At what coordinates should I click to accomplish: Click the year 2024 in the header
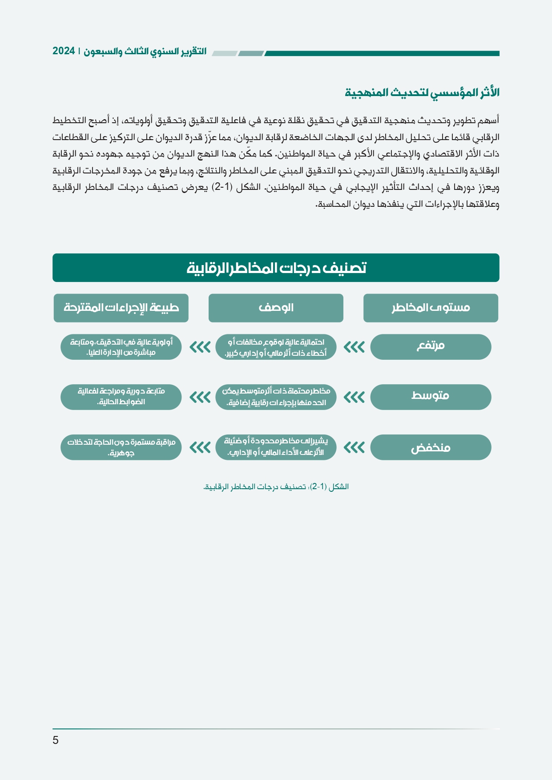pyautogui.click(x=64, y=51)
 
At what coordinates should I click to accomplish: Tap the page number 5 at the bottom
pyautogui.click(x=56, y=740)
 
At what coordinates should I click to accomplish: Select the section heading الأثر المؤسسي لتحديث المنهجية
pyautogui.click(x=422, y=92)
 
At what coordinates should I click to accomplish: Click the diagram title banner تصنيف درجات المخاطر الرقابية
pyautogui.click(x=276, y=268)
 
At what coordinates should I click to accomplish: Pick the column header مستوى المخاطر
pyautogui.click(x=430, y=308)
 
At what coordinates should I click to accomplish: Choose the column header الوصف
pyautogui.click(x=276, y=308)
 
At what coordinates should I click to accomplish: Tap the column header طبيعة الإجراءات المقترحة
pyautogui.click(x=121, y=308)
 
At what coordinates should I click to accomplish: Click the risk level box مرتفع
pyautogui.click(x=430, y=347)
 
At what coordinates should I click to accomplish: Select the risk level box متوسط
pyautogui.click(x=430, y=397)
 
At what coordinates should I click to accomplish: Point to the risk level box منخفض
pyautogui.click(x=430, y=447)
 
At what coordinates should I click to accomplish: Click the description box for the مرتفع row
pyautogui.click(x=276, y=347)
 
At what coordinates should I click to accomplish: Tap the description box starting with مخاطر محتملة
pyautogui.click(x=276, y=397)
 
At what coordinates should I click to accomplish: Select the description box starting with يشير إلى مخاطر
pyautogui.click(x=276, y=447)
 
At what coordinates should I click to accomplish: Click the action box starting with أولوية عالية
pyautogui.click(x=121, y=347)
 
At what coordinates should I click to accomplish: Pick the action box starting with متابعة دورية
pyautogui.click(x=121, y=397)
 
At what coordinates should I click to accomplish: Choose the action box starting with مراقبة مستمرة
pyautogui.click(x=121, y=447)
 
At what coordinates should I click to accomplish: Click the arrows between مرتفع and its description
pyautogui.click(x=354, y=347)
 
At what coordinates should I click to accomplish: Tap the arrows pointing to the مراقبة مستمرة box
pyautogui.click(x=200, y=447)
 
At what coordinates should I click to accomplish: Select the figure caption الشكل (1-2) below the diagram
pyautogui.click(x=276, y=486)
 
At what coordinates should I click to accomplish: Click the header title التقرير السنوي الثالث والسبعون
pyautogui.click(x=145, y=51)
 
